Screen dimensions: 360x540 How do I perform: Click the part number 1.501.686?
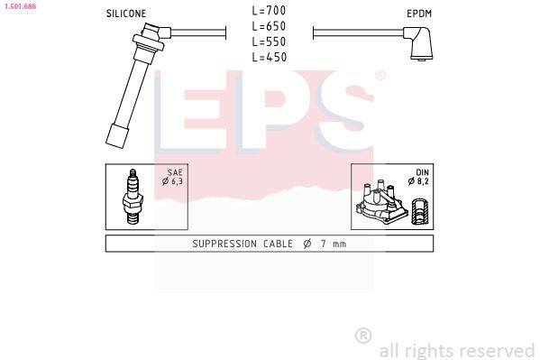19,6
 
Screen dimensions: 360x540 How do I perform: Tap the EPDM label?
419,14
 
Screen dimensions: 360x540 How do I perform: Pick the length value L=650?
269,27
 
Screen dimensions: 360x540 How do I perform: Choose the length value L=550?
269,42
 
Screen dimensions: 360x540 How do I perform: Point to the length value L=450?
269,57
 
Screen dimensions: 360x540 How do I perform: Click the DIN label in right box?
421,172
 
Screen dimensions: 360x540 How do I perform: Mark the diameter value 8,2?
420,182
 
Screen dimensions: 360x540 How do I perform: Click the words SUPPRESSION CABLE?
239,245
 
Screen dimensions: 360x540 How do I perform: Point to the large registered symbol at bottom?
363,335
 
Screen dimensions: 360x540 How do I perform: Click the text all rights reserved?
457,350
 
